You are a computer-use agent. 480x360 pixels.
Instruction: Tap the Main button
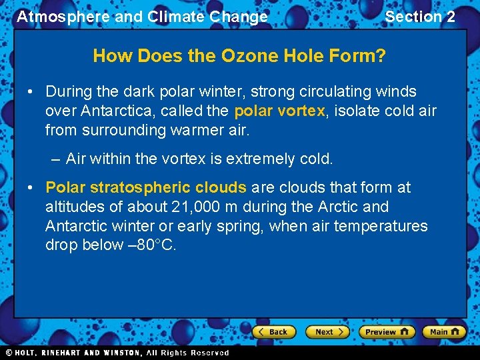[445, 331]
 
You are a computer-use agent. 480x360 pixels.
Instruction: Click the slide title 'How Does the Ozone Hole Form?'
[239, 56]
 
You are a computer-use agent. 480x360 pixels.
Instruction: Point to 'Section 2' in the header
[420, 17]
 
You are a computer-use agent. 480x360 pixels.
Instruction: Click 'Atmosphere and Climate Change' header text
[142, 17]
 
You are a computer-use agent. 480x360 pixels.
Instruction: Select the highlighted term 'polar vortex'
[279, 111]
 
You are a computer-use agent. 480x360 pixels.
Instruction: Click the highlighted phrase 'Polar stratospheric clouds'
[146, 188]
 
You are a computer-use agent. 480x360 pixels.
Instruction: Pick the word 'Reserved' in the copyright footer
[209, 353]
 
